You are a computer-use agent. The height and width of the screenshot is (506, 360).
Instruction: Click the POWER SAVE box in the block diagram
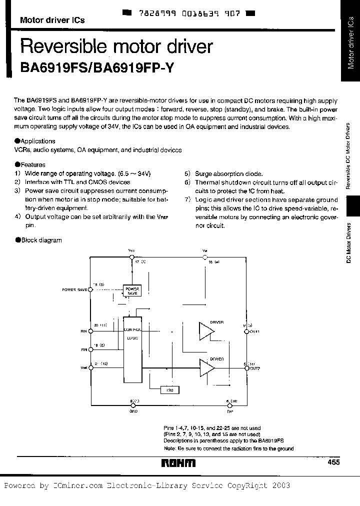[x=132, y=290]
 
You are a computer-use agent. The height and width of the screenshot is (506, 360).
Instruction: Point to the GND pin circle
[x=131, y=405]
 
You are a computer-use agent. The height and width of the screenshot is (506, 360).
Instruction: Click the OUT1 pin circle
[x=246, y=330]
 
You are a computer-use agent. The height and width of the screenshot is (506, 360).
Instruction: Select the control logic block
[x=132, y=350]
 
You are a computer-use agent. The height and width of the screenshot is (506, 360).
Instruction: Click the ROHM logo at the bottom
[x=178, y=464]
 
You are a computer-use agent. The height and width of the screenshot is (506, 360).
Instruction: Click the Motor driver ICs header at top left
[x=52, y=20]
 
